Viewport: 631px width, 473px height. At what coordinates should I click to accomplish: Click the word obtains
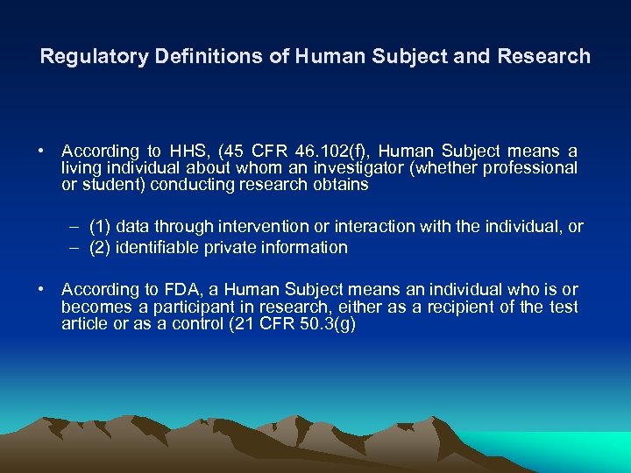(339, 185)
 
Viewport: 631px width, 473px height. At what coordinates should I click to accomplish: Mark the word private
(230, 248)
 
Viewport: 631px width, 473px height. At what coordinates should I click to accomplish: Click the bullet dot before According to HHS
(42, 152)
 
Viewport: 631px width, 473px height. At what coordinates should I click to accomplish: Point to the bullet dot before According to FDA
(42, 290)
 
